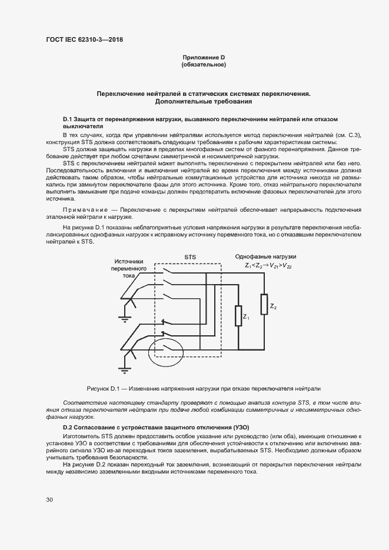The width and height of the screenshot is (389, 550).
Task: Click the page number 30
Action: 49,499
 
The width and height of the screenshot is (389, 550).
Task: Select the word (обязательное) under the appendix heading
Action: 204,65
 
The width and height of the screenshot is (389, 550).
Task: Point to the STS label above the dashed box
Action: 190,257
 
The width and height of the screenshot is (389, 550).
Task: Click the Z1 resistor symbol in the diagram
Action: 239,315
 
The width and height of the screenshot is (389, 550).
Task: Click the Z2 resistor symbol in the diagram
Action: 264,303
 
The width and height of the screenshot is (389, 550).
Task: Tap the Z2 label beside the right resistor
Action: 273,306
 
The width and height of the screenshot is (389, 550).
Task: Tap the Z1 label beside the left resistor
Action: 247,319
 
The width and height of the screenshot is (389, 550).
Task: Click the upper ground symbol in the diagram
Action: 124,318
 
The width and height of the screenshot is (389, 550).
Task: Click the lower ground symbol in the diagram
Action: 124,369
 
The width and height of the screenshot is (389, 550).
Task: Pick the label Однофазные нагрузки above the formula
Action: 265,257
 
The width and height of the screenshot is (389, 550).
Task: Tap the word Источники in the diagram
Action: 129,261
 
